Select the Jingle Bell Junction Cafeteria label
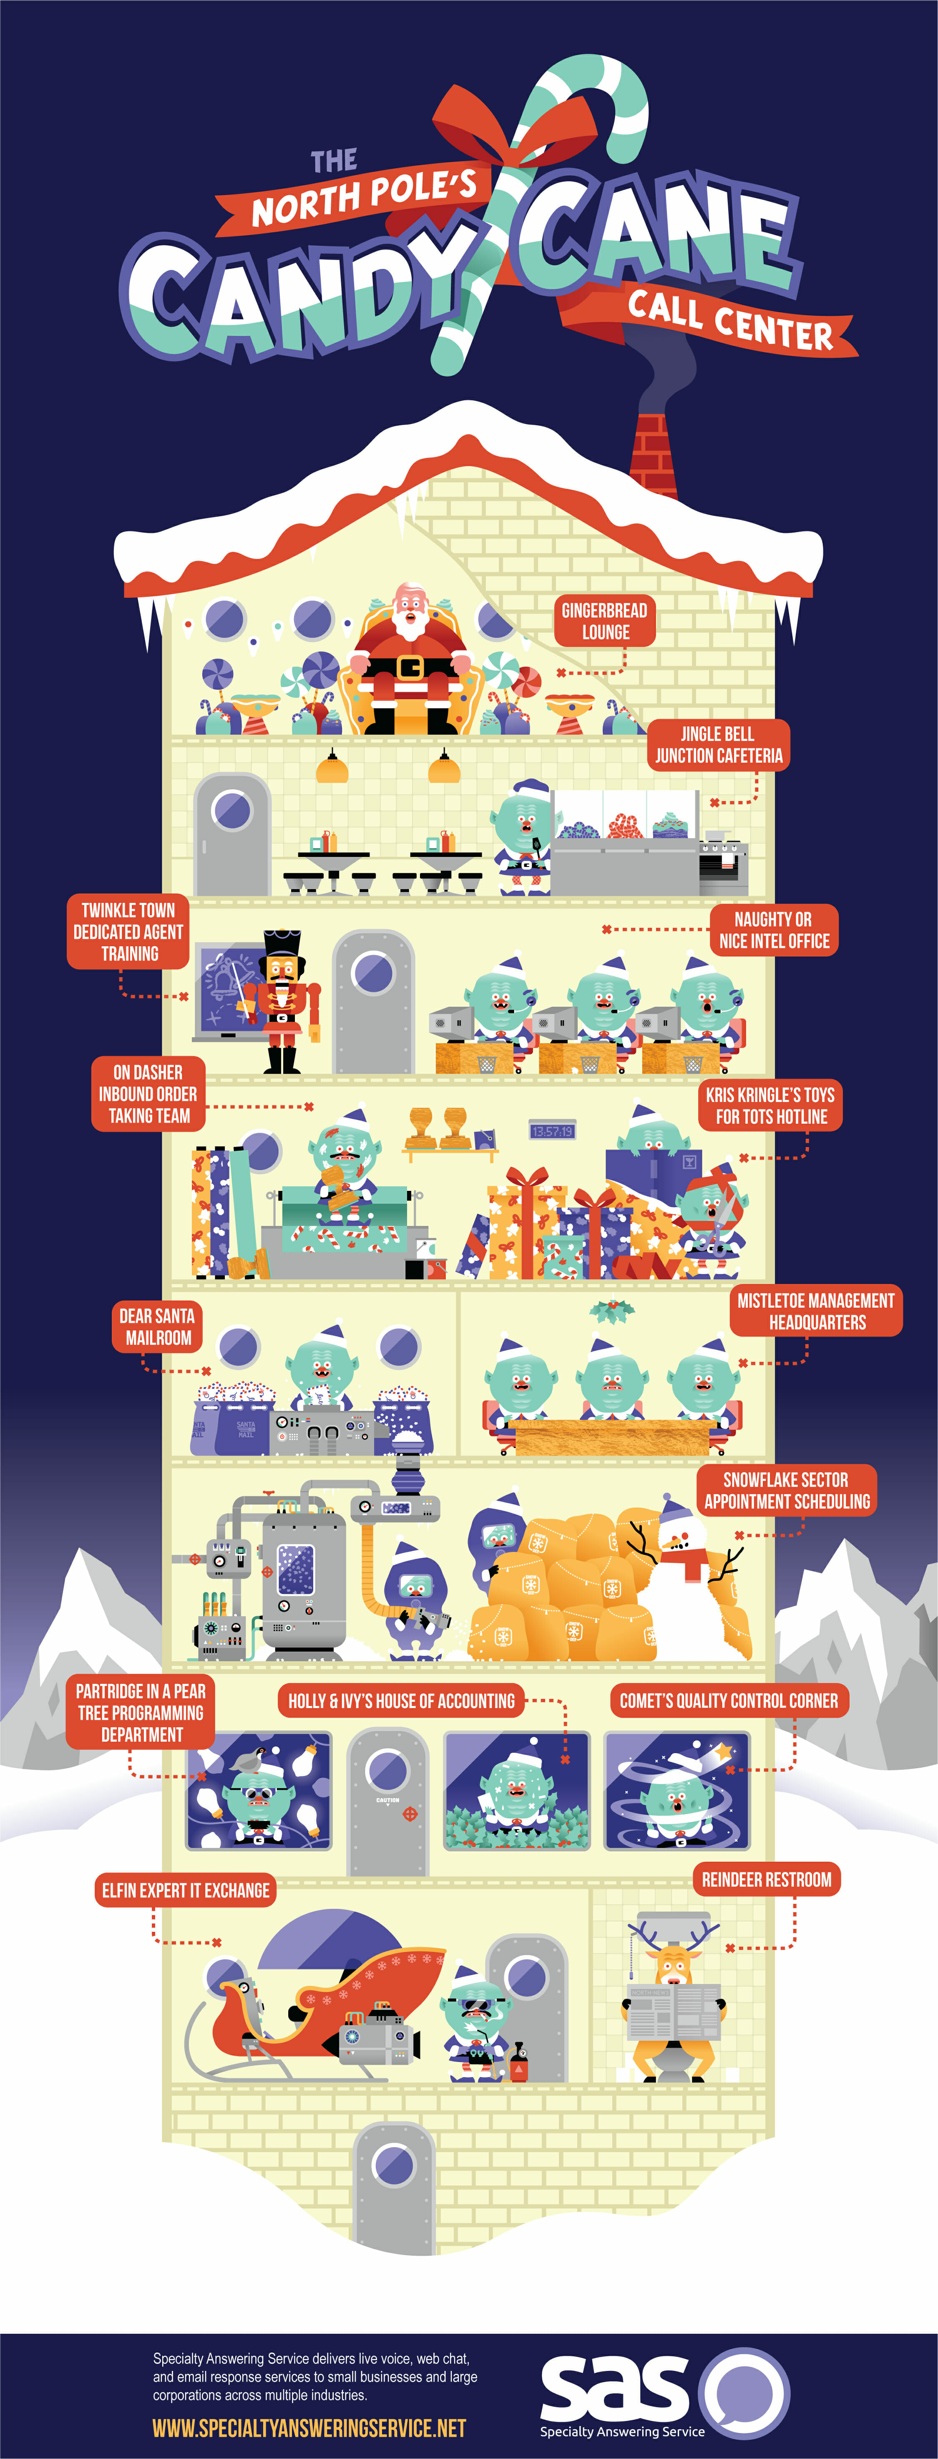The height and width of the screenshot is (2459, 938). point(717,745)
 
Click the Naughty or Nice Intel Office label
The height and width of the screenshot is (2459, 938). point(773,930)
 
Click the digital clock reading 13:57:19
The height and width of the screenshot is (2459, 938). point(553,1131)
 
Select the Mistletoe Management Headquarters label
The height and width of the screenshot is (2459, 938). point(816,1311)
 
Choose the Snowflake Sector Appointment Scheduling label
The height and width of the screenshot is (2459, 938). point(786,1490)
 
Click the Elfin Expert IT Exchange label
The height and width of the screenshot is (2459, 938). point(186,1890)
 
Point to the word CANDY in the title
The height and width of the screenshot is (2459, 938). point(296,291)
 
